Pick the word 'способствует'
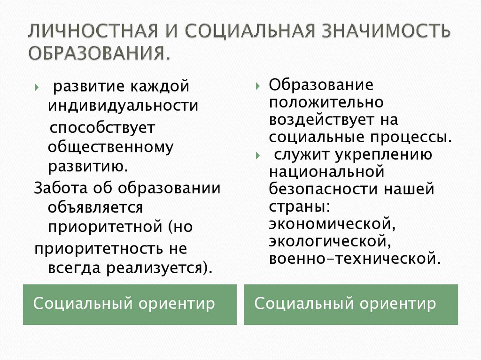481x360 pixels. (102, 128)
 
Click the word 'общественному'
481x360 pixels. (110, 147)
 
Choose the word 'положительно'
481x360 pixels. (326, 102)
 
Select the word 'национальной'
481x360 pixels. (327, 172)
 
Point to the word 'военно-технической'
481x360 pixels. (355, 258)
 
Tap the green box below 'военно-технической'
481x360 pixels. (351, 304)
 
